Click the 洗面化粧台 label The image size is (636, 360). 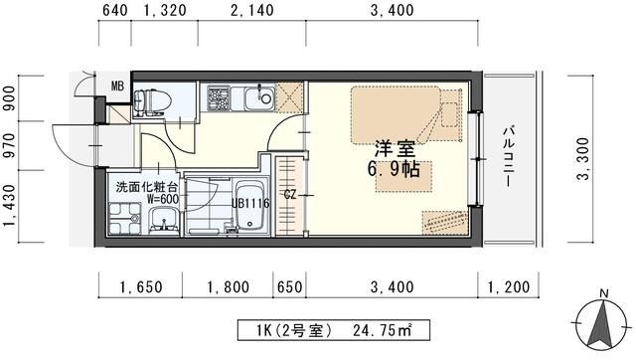(x=146, y=186)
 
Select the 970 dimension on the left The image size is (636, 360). (x=10, y=145)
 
